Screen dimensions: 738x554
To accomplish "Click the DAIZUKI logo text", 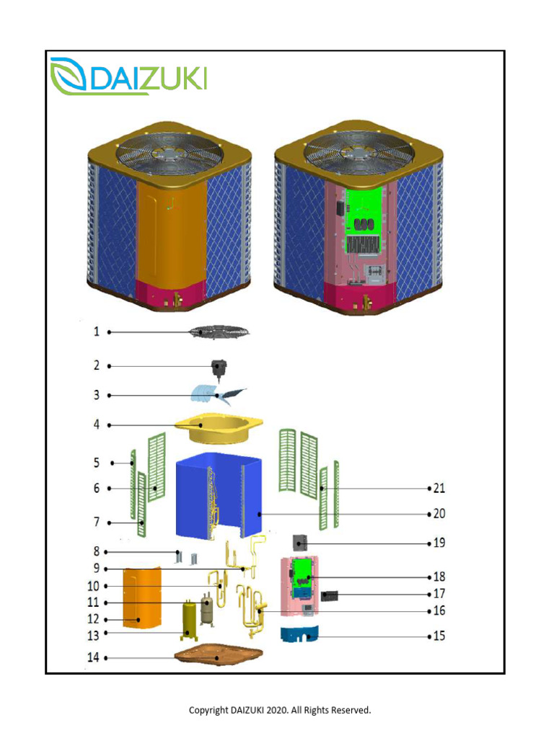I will point(148,78).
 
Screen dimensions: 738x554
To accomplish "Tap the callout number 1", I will point(96,332).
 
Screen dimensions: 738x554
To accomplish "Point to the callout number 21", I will point(439,488).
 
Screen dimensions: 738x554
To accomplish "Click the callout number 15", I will point(439,636).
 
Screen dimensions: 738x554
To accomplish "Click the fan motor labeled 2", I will point(219,369).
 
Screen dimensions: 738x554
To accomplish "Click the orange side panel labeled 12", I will point(144,597).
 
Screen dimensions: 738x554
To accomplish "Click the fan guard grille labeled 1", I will point(220,332).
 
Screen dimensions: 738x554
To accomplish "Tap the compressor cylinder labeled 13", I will point(191,621).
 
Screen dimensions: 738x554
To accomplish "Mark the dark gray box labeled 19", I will point(301,542).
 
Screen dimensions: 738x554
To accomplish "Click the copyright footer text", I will point(280,710).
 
